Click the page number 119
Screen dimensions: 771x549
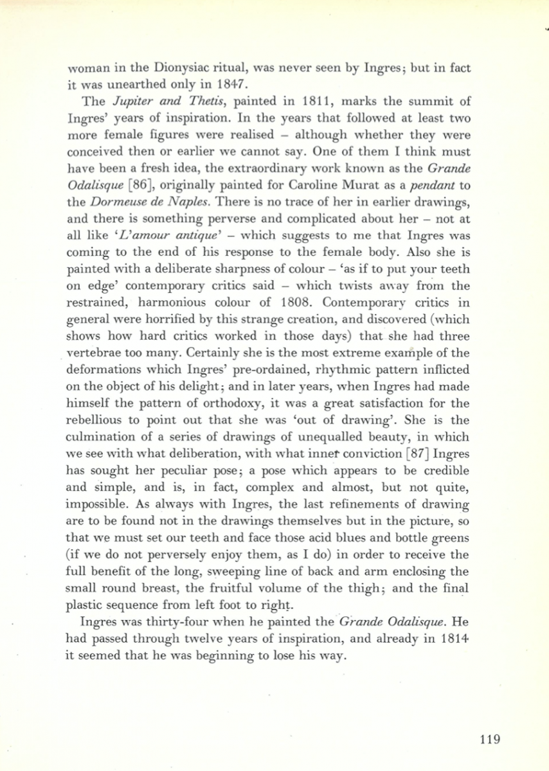click(489, 738)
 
